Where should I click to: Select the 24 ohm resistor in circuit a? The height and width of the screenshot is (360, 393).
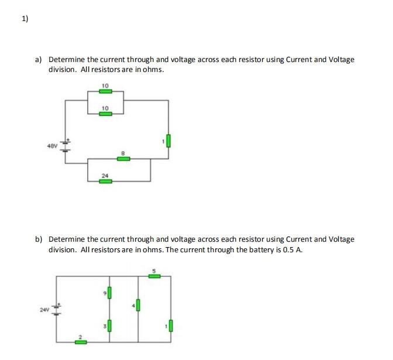point(105,181)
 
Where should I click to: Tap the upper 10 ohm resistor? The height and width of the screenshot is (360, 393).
point(105,91)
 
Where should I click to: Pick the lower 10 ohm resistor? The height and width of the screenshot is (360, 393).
point(105,114)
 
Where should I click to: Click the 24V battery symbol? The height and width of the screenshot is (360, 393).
point(58,307)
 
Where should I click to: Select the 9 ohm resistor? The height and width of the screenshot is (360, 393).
point(109,292)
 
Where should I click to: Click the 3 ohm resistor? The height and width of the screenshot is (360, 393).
point(109,325)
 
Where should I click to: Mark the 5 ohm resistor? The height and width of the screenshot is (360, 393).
point(154,275)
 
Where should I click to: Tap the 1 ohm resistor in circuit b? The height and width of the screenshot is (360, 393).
point(170,325)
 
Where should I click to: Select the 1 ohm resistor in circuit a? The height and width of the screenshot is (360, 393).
point(169,140)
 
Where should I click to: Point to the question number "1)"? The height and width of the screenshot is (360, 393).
point(25,19)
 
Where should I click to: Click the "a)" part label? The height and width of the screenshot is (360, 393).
point(39,60)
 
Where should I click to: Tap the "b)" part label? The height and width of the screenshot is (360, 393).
point(39,239)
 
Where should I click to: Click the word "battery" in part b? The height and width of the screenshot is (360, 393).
point(256,250)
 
